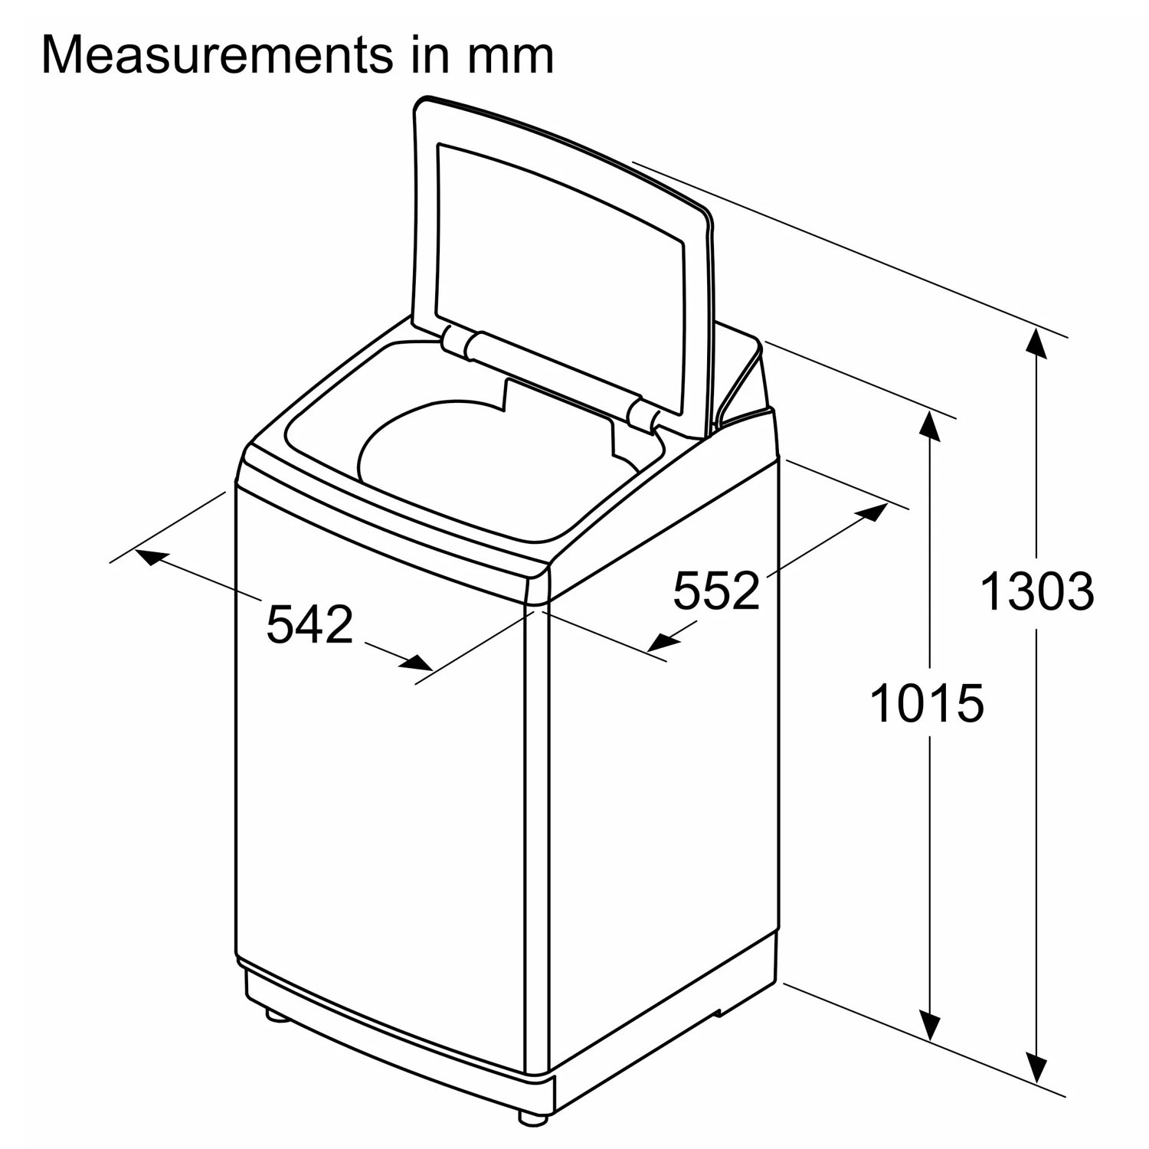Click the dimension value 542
point(309,624)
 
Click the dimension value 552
point(716,590)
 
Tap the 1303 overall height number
point(1037,592)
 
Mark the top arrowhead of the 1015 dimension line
point(930,425)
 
